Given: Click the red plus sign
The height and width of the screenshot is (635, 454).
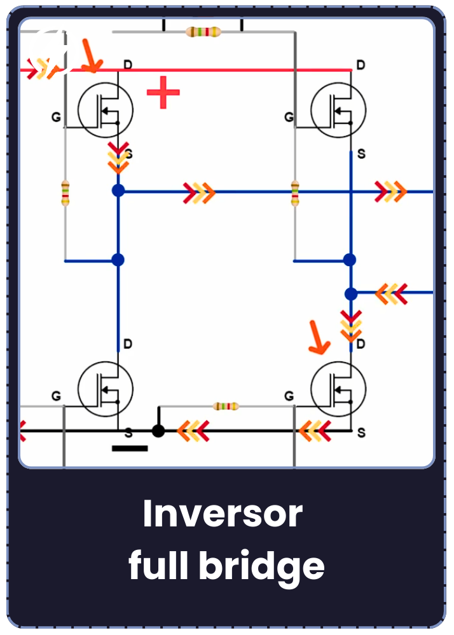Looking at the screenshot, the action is tap(163, 92).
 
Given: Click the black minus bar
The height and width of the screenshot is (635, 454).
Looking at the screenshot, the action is tap(130, 448).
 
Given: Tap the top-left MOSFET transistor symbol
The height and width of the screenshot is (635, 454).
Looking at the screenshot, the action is tap(106, 110).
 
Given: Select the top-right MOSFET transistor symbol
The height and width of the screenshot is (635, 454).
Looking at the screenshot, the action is tap(338, 110).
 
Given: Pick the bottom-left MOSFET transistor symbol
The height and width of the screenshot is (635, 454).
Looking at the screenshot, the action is tap(106, 389).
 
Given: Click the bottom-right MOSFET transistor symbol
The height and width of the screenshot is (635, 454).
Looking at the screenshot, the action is tap(338, 389).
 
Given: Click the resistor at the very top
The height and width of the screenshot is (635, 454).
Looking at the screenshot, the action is tap(203, 32).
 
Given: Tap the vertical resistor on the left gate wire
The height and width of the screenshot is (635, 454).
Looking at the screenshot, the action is tap(65, 193).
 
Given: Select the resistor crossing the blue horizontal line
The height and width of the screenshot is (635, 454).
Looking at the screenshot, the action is tap(295, 193).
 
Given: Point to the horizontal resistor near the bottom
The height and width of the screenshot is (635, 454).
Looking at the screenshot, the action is tap(226, 406).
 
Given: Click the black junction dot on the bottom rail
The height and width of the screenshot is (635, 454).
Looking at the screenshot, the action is tap(158, 431).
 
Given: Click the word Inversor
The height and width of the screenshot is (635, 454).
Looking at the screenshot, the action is tap(223, 514).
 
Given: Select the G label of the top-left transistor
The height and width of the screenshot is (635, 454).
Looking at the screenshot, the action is tap(56, 117).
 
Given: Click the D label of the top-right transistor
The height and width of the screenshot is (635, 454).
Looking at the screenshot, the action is tap(361, 65).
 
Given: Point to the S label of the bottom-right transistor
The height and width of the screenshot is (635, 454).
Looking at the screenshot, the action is tap(361, 433).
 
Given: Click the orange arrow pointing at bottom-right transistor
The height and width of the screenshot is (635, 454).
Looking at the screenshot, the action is tap(319, 337).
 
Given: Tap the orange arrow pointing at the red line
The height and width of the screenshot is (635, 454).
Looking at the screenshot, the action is tap(92, 56).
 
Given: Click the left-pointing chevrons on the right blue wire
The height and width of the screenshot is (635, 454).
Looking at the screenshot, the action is tap(391, 293).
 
